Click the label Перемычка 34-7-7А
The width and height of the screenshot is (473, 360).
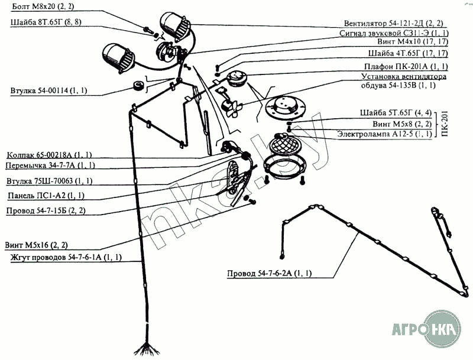pyautogui.click(x=50, y=165)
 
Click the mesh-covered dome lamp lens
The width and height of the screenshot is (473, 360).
pyautogui.click(x=285, y=144)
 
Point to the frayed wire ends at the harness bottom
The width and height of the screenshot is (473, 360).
pyautogui.click(x=142, y=349)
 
